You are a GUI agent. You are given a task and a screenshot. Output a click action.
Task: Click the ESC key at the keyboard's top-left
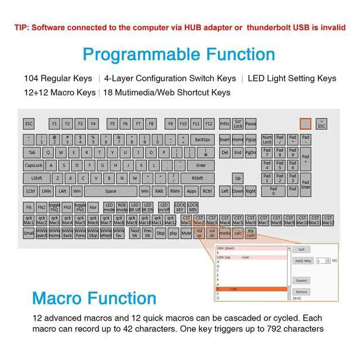[29, 123]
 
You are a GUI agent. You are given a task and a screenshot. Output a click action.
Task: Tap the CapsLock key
[34, 165]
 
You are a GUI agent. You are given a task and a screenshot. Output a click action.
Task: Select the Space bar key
[111, 191]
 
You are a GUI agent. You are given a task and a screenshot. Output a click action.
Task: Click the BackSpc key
[202, 139]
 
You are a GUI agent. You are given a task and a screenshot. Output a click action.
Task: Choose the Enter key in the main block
[200, 165]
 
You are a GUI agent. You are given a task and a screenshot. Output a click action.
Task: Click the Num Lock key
[267, 139]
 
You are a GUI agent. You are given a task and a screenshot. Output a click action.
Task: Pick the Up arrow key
[238, 178]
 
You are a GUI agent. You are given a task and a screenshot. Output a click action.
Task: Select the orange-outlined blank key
[305, 123]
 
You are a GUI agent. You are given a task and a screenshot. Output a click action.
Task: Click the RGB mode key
[121, 207]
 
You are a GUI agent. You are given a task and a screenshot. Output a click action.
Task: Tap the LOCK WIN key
[192, 207]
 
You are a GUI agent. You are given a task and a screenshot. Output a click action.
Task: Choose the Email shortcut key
[29, 233]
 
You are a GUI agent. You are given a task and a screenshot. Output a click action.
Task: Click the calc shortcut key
[238, 233]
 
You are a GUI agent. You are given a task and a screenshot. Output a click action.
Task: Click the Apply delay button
[303, 261]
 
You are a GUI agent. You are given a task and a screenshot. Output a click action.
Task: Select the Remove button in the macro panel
[301, 292]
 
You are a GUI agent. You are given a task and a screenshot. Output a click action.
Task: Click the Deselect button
[301, 280]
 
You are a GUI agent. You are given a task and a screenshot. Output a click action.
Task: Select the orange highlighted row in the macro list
[251, 289]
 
